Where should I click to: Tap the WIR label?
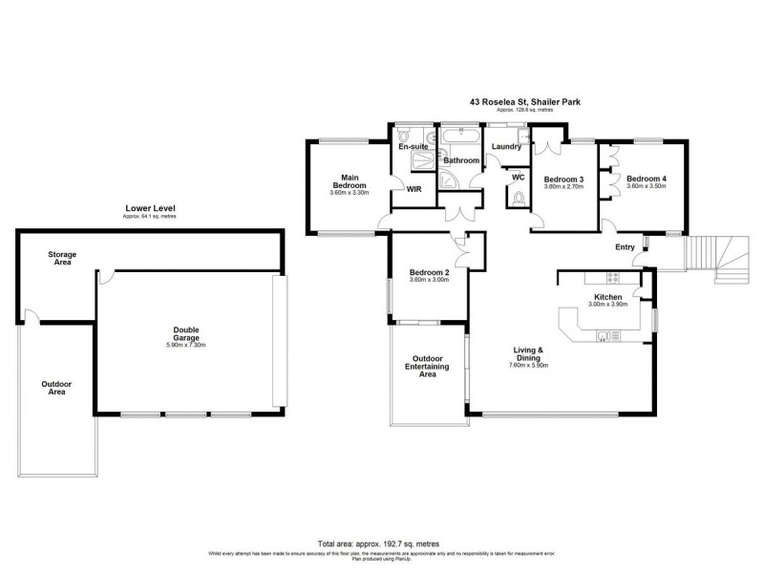(414, 189)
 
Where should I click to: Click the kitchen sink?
(605, 335)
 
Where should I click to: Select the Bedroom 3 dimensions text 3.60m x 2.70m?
(563, 187)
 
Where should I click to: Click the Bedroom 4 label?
(647, 179)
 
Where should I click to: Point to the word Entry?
(625, 247)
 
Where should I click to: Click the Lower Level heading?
(148, 208)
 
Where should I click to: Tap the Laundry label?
(506, 146)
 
